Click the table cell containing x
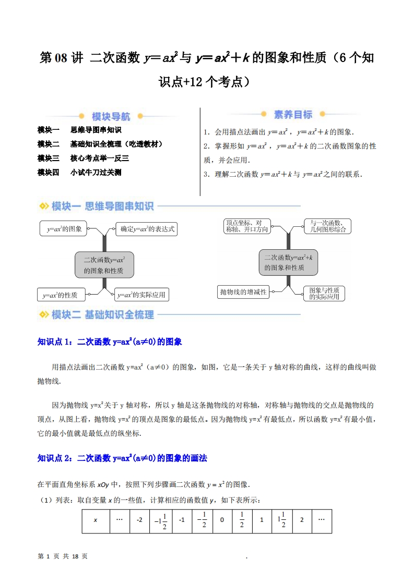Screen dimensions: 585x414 pos(96,520)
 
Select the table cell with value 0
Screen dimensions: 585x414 pos(222,520)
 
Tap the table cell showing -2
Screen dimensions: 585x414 pos(139,520)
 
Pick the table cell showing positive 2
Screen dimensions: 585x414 pos(302,520)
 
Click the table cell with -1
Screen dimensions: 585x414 pos(182,520)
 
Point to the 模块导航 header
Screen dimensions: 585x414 pos(111,116)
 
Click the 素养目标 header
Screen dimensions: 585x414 pos(293,115)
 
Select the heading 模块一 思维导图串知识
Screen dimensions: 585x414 pos(97,206)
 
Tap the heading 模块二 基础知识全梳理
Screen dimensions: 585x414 pos(97,314)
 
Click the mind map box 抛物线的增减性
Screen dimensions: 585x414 pos(243,292)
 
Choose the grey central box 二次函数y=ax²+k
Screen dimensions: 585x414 pos(288,262)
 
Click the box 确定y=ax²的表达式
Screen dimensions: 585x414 pos(147,229)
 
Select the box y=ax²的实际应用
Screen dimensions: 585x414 pos(141,295)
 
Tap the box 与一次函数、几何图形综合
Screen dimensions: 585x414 pos(328,226)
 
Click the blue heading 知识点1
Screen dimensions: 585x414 pos(110,342)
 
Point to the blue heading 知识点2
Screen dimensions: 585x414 pos(122,458)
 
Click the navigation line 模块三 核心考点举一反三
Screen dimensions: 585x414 pos(83,158)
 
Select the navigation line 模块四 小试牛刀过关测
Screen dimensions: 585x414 pos(79,172)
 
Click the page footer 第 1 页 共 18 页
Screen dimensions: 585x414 pos(63,556)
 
